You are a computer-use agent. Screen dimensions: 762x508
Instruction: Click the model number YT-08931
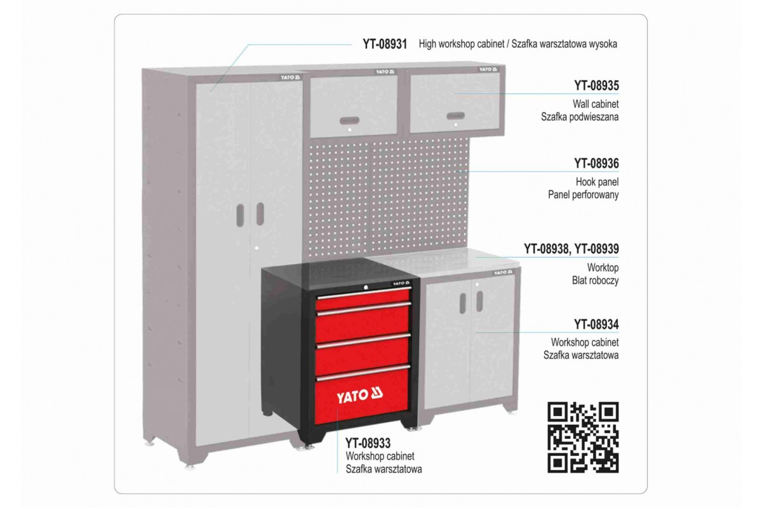(x=385, y=44)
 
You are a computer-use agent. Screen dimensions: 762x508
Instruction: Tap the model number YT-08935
(x=597, y=86)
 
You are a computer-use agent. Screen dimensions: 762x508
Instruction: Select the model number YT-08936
(x=597, y=164)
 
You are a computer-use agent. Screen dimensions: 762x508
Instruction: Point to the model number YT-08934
(x=597, y=324)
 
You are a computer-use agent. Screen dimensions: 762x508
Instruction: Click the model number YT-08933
(x=368, y=443)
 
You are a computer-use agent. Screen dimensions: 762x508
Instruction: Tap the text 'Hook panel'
(x=597, y=182)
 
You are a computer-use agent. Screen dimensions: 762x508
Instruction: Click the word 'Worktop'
(x=603, y=268)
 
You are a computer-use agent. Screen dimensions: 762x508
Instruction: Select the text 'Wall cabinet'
(x=596, y=104)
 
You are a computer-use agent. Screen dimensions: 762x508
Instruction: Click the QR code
(x=583, y=438)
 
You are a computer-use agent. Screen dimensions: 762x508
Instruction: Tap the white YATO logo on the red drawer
(x=359, y=396)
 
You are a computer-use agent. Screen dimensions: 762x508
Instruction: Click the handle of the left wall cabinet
(x=350, y=121)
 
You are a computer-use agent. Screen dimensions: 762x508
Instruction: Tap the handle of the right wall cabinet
(x=455, y=116)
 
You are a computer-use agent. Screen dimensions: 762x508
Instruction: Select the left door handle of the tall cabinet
(x=240, y=215)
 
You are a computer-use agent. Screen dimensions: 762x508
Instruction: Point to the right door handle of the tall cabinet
(x=260, y=214)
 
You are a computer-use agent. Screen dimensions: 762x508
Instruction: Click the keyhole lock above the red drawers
(x=366, y=287)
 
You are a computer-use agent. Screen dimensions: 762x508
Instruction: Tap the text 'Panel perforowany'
(x=583, y=195)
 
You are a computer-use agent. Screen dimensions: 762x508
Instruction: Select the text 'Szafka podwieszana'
(x=580, y=117)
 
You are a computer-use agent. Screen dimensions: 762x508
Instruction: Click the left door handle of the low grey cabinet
(x=463, y=304)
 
